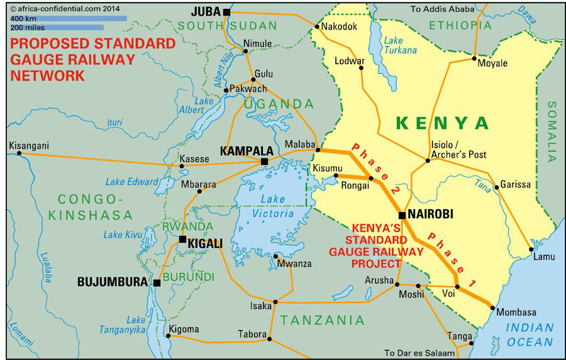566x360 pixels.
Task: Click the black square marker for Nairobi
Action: point(402,215)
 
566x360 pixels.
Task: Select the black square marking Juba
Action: point(226,12)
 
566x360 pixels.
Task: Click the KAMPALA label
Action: point(247,151)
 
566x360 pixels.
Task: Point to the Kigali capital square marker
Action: point(182,239)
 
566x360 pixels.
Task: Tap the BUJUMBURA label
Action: point(113,282)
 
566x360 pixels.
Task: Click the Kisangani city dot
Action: point(19,153)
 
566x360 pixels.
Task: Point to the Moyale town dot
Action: point(475,59)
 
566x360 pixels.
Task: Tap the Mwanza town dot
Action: point(277,256)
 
